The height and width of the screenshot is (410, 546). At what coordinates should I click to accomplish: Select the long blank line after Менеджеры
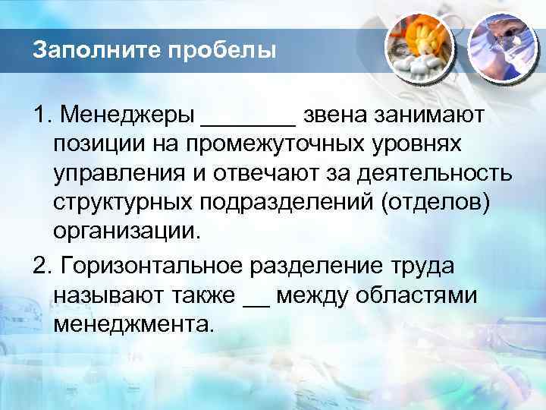click(248, 121)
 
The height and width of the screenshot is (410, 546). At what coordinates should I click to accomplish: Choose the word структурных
click(126, 203)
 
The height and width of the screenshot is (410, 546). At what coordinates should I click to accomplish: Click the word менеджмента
click(134, 324)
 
